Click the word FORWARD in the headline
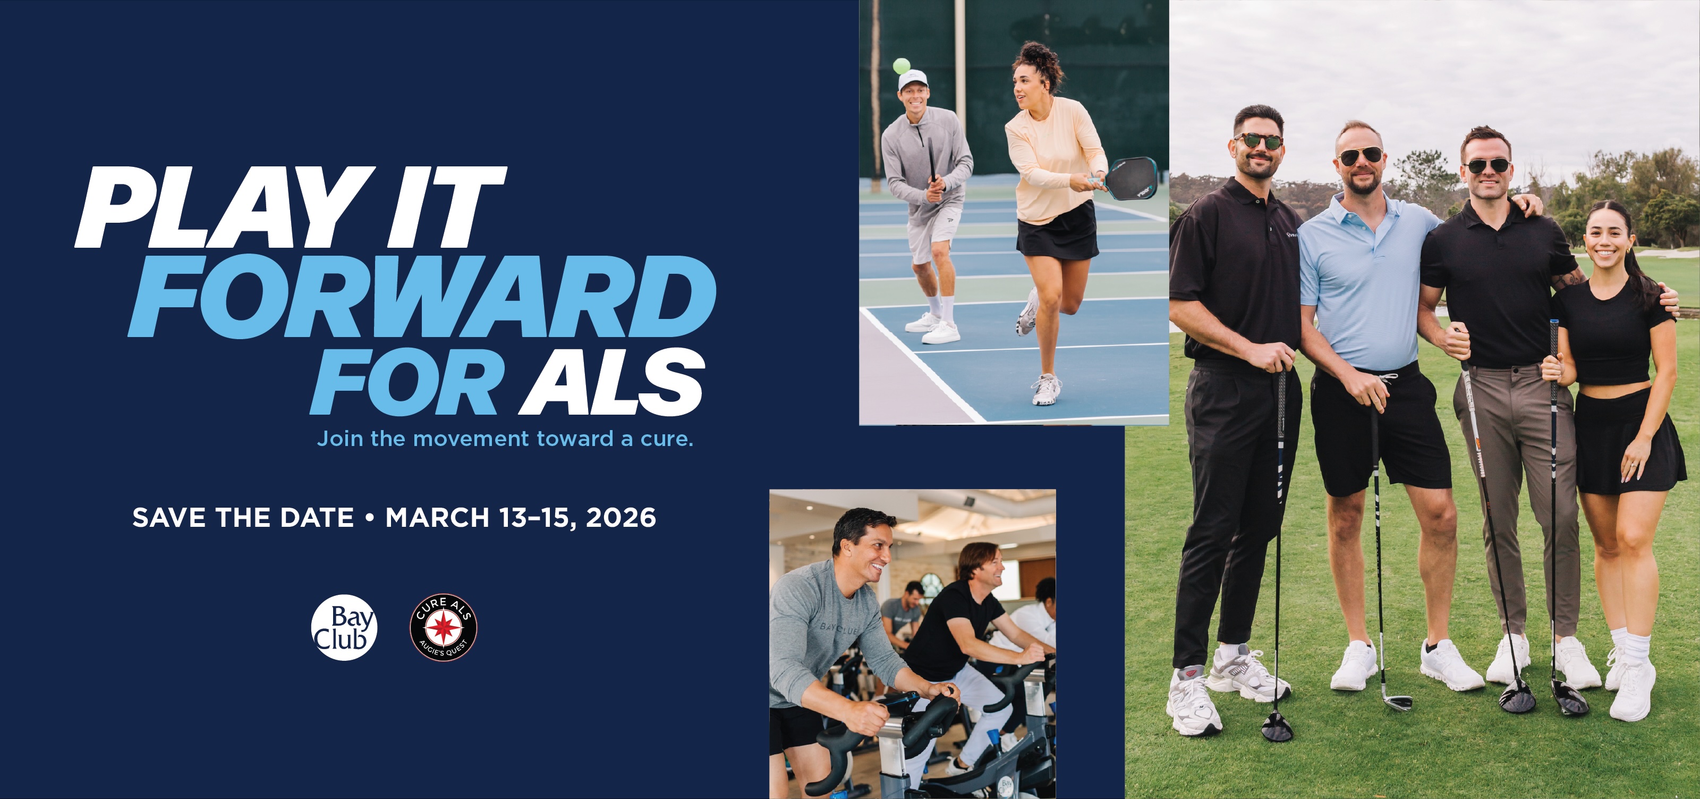422,297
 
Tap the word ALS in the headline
612,382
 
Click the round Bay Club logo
344,627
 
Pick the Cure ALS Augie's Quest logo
444,627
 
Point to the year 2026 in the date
621,518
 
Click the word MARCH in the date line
437,518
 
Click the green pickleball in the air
901,66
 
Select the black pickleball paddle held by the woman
1130,178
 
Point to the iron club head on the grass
1397,703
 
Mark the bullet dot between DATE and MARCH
370,518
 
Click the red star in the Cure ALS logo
444,625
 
